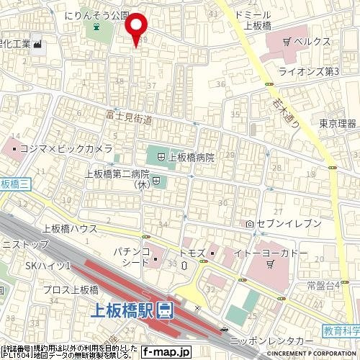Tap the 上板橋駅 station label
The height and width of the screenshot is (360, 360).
(x=125, y=311)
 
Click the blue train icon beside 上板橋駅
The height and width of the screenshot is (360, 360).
(x=165, y=311)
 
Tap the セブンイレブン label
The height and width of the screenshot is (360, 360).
(x=287, y=225)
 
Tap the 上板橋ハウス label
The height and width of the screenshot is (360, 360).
(x=69, y=228)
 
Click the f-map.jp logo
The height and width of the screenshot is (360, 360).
(x=165, y=352)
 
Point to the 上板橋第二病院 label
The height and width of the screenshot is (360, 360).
(x=117, y=174)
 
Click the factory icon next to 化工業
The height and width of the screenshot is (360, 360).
(x=37, y=45)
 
